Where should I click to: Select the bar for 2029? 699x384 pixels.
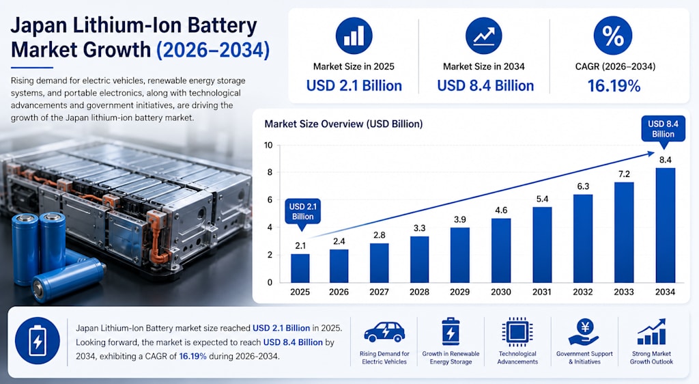coord(459,255)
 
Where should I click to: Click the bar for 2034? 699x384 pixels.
coord(665,225)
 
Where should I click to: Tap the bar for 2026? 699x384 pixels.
coord(339,266)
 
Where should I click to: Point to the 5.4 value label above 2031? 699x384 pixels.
coord(542,199)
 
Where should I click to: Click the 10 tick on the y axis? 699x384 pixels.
coord(268,145)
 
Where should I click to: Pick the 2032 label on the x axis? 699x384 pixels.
coord(583,292)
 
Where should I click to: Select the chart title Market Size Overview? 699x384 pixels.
coord(343,124)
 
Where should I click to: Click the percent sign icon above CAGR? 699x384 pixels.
coord(613,36)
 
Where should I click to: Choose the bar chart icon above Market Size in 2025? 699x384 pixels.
coord(354,36)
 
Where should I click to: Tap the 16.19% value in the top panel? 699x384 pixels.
coord(614,85)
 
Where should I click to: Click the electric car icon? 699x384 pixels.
coord(384,331)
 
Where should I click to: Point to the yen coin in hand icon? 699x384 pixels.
coord(585,331)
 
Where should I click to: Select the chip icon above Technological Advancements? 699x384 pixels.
coord(517,332)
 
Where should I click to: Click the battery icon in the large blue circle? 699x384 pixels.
coord(38,341)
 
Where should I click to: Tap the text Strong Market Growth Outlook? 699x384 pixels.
coord(651,357)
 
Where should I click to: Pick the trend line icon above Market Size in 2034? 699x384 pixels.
coord(484,36)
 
